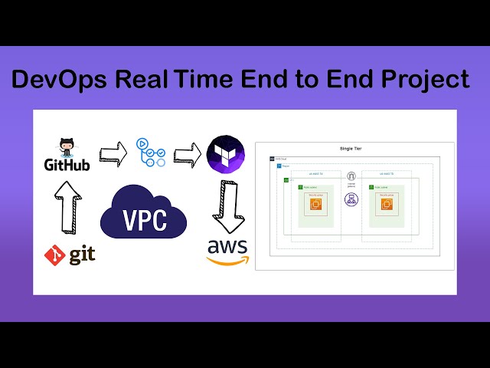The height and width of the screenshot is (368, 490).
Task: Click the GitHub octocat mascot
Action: (x=66, y=147)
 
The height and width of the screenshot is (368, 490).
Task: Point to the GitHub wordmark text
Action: (x=66, y=165)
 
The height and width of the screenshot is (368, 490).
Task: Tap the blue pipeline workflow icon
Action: (x=150, y=152)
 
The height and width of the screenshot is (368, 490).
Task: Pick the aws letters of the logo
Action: (x=227, y=246)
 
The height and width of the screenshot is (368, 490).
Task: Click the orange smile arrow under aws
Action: (x=228, y=260)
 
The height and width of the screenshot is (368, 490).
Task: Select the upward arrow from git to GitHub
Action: (x=67, y=208)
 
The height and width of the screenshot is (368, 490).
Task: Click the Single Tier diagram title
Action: (x=351, y=148)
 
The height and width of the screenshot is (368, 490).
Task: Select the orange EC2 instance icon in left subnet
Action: (x=317, y=203)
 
